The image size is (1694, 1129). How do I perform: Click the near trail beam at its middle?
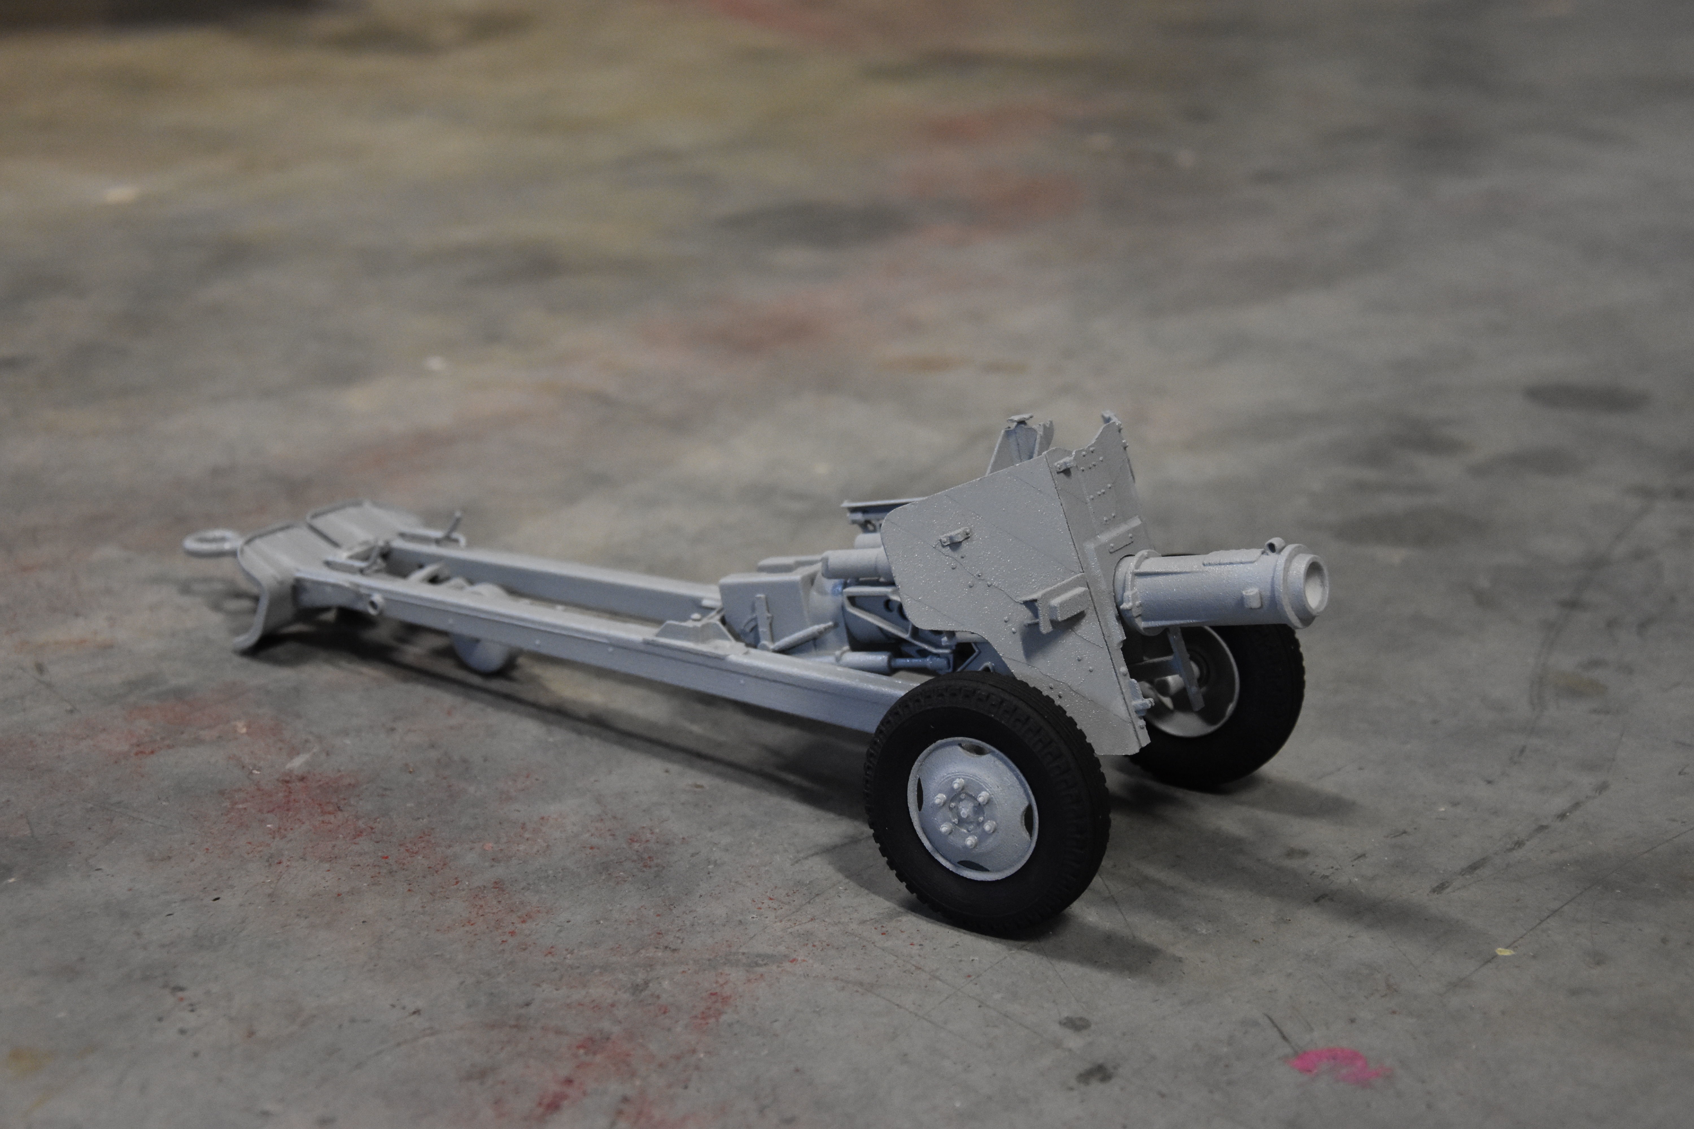(x=576, y=634)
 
